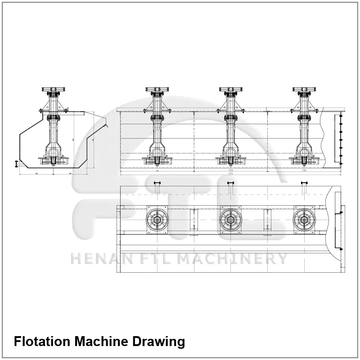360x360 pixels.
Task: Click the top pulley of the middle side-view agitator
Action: coord(231,90)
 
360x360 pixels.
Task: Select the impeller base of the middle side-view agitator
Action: coord(231,159)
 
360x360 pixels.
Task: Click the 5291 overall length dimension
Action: coord(230,175)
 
